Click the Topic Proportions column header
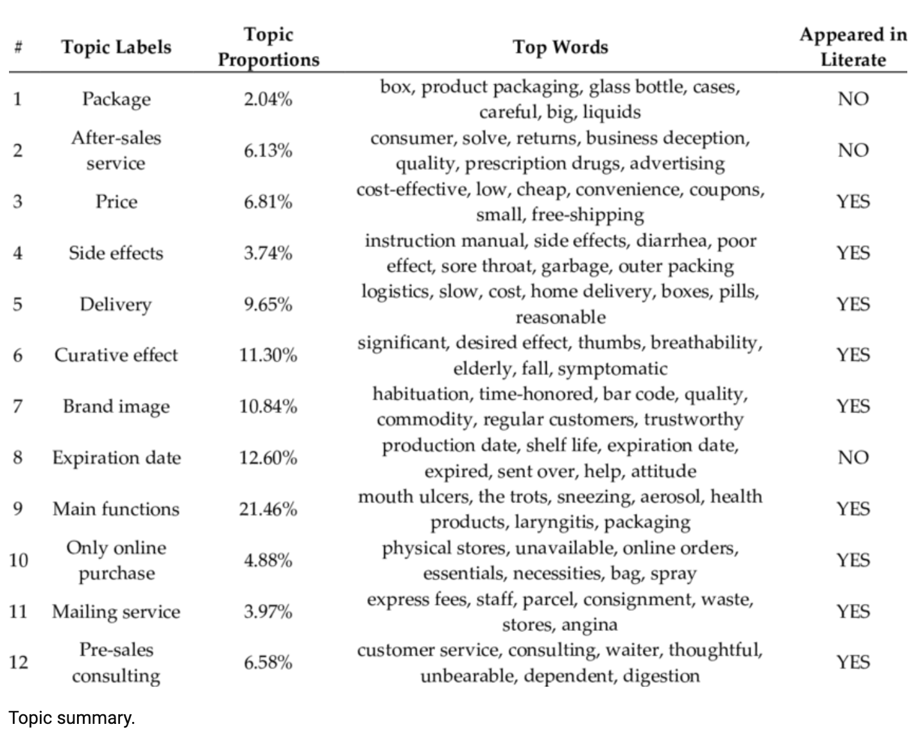[x=268, y=47]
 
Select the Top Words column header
[x=560, y=47]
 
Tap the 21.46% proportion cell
[x=268, y=509]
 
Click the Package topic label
[x=116, y=99]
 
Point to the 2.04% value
[x=268, y=99]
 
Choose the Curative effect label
[x=116, y=355]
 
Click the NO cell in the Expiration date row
[x=853, y=458]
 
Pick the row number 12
[x=18, y=662]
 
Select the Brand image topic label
[x=116, y=406]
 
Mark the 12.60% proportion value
[x=268, y=458]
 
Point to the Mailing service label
[x=116, y=612]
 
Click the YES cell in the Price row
[x=853, y=202]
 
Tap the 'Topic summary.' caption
[x=72, y=717]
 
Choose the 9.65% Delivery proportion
[x=268, y=304]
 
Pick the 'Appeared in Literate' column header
[x=853, y=47]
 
